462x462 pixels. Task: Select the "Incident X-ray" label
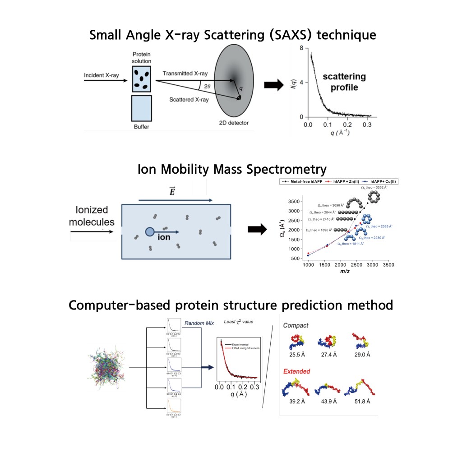coord(102,75)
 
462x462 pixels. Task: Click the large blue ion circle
coord(150,232)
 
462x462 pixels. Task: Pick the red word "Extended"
coord(296,371)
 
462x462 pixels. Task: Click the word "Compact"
coord(296,325)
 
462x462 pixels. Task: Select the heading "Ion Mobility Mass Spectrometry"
coord(231,169)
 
